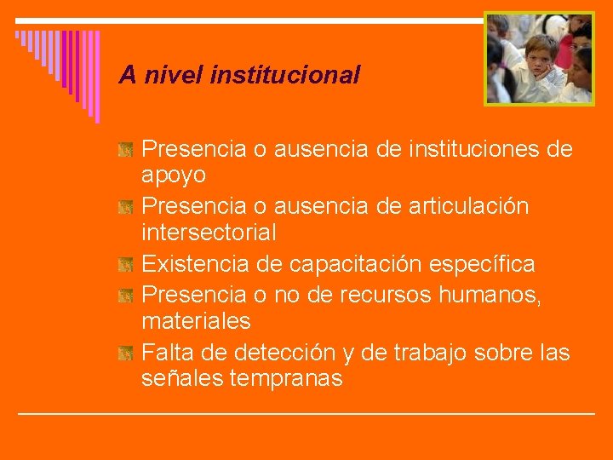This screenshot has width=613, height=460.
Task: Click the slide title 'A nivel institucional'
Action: (239, 75)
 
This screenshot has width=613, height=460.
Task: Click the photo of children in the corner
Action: (539, 58)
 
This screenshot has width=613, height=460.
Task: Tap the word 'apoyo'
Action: (174, 175)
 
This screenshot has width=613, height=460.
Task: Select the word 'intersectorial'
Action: (209, 233)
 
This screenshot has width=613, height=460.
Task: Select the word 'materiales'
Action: (196, 321)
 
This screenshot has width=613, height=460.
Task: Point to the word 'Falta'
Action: (168, 352)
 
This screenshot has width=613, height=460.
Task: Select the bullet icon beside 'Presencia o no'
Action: (125, 296)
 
